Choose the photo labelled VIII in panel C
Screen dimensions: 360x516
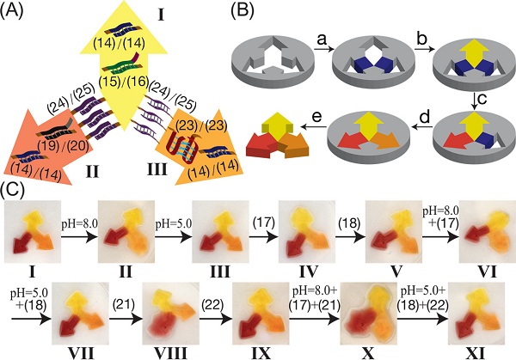(x=175, y=316)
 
